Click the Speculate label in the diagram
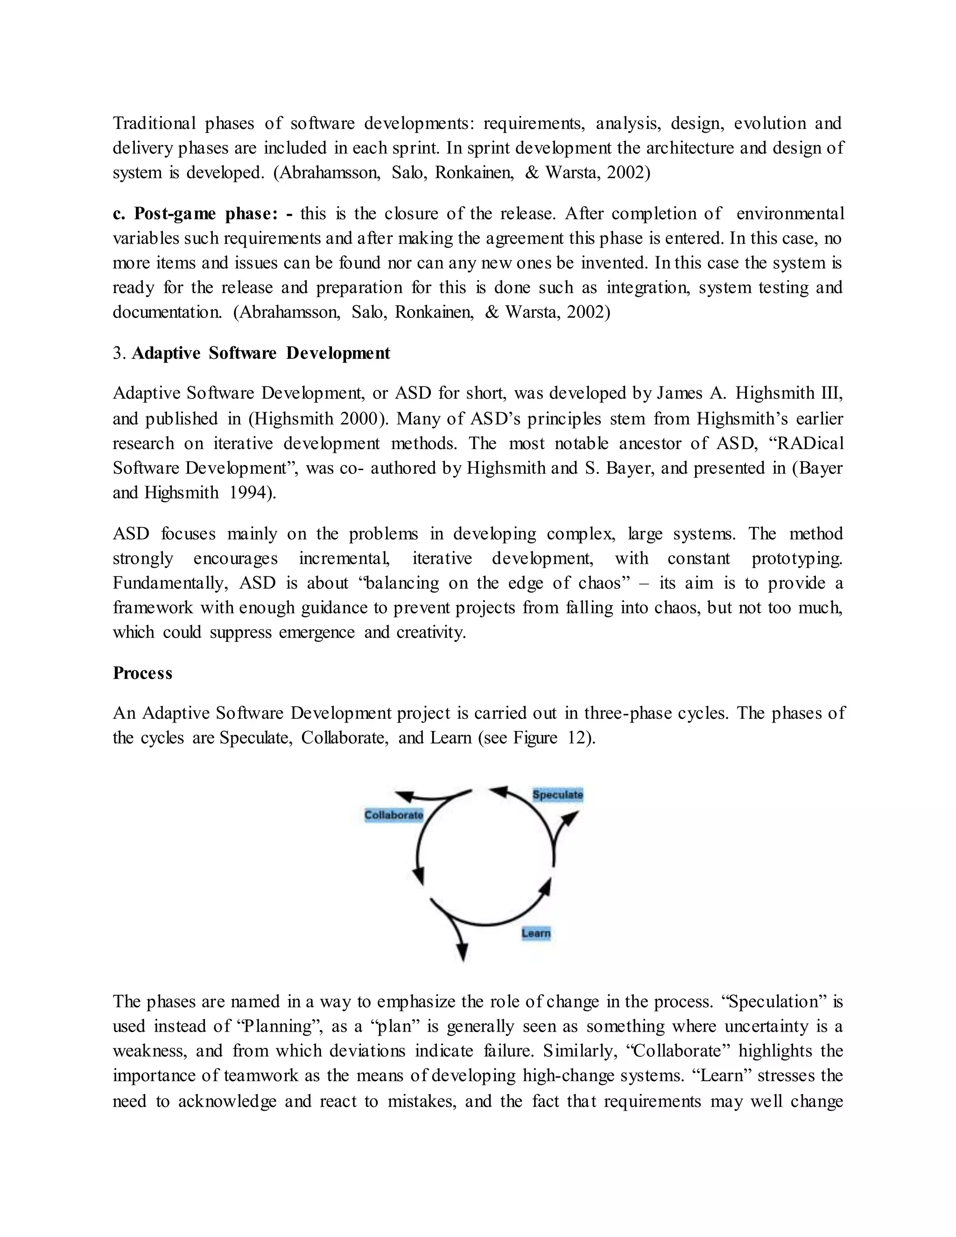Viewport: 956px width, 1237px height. (557, 794)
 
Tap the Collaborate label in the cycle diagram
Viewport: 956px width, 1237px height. (394, 815)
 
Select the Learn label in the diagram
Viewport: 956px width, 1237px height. (536, 933)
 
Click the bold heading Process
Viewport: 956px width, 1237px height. (142, 673)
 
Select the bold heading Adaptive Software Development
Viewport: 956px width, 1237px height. (260, 353)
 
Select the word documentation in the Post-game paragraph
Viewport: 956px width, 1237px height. (167, 312)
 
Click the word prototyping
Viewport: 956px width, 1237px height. (796, 558)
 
